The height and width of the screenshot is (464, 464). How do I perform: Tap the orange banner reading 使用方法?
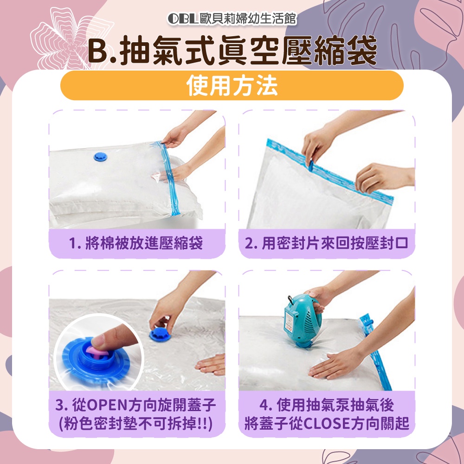pyautogui.click(x=232, y=85)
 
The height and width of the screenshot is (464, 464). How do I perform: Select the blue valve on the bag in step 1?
pyautogui.click(x=100, y=157)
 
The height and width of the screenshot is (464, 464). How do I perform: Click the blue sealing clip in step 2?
pyautogui.click(x=311, y=165)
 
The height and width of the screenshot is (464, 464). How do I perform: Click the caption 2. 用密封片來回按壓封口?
pyautogui.click(x=327, y=243)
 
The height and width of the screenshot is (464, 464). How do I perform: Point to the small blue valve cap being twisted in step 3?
pyautogui.click(x=159, y=335)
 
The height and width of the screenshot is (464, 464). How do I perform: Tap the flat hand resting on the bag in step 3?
pyautogui.click(x=210, y=365)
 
